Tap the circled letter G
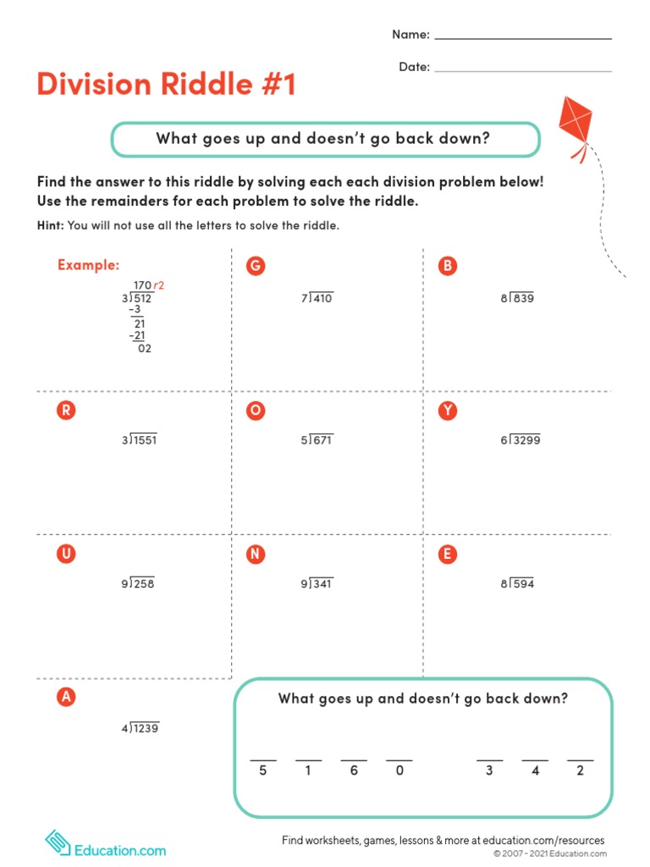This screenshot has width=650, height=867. point(255,266)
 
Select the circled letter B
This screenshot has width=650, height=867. point(447,266)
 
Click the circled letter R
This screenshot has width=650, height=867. point(64,411)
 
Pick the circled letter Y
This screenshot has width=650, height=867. point(447,411)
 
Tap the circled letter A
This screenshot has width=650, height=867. point(64,698)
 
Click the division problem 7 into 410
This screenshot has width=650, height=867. point(317,298)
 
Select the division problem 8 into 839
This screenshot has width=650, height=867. point(517,298)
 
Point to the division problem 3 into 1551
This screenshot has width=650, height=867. point(139,440)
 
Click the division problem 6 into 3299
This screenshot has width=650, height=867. point(521,440)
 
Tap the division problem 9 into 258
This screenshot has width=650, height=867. point(138,584)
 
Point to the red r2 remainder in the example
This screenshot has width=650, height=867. point(158,286)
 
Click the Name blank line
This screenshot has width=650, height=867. point(522,38)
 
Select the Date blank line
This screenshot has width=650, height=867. point(522,70)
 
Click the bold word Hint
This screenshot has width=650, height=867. point(50,226)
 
